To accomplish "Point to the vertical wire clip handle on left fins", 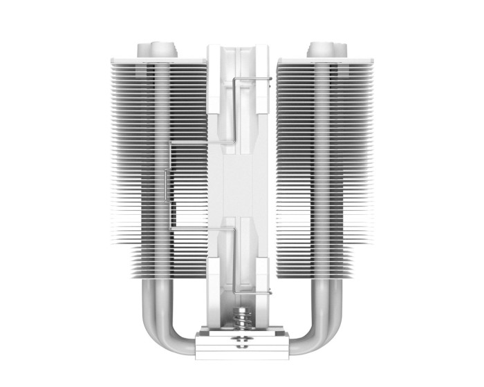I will (166, 185).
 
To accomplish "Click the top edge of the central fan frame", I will (242, 47).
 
